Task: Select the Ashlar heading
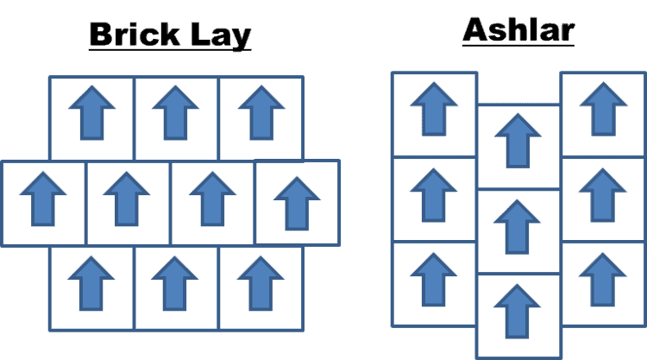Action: (x=518, y=30)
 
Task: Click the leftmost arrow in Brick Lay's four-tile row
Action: (x=43, y=199)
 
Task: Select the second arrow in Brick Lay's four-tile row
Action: (x=127, y=199)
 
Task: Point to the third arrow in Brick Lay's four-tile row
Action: (x=212, y=199)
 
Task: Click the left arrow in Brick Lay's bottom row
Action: (x=91, y=282)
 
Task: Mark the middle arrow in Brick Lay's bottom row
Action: (x=176, y=282)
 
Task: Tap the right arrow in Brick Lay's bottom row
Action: (x=261, y=282)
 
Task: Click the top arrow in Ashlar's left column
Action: (x=433, y=109)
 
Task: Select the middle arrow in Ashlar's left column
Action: (x=433, y=194)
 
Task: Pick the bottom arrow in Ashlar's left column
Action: (x=433, y=279)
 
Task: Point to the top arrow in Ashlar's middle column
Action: (x=518, y=140)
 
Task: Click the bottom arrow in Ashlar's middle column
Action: (x=518, y=311)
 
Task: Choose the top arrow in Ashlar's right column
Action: (x=603, y=109)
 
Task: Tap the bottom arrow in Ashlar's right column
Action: (x=603, y=279)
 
